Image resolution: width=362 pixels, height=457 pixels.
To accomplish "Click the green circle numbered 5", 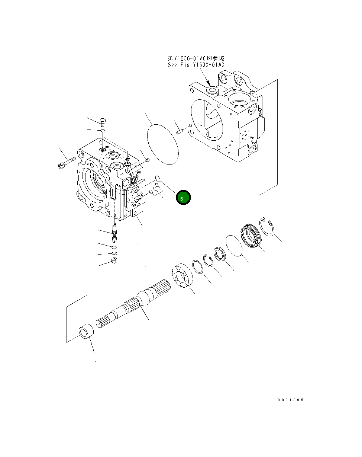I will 183,198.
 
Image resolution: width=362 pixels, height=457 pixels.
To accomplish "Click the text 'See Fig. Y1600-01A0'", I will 196,65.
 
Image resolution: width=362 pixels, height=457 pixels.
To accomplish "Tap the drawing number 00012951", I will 292,400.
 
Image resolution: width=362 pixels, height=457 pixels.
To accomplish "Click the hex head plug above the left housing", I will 103,121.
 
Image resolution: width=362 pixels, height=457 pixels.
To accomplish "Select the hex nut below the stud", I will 114,261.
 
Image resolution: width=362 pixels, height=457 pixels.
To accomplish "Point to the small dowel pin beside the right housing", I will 180,131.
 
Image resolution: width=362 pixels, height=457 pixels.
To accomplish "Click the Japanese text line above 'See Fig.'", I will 196,58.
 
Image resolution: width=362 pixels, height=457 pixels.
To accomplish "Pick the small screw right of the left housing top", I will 146,160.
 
